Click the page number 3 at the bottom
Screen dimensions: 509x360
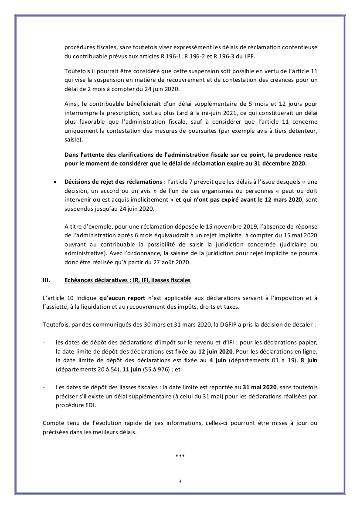[180, 481]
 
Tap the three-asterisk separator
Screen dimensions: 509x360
[180, 456]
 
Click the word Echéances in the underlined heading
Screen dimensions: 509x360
[78, 280]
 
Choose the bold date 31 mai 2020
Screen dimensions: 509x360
[260, 387]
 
